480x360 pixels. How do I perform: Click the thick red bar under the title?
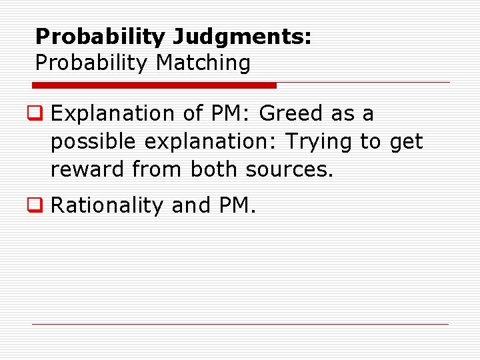pos(155,85)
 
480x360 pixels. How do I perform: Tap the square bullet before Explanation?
pos(41,114)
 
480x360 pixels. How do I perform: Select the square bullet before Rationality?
pos(41,206)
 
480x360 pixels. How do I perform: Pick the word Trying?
pos(319,142)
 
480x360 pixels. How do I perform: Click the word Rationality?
pos(107,206)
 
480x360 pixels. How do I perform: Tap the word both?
pos(215,169)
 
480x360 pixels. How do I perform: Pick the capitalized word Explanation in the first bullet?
pos(111,114)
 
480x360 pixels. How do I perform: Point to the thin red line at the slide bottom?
pos(240,325)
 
